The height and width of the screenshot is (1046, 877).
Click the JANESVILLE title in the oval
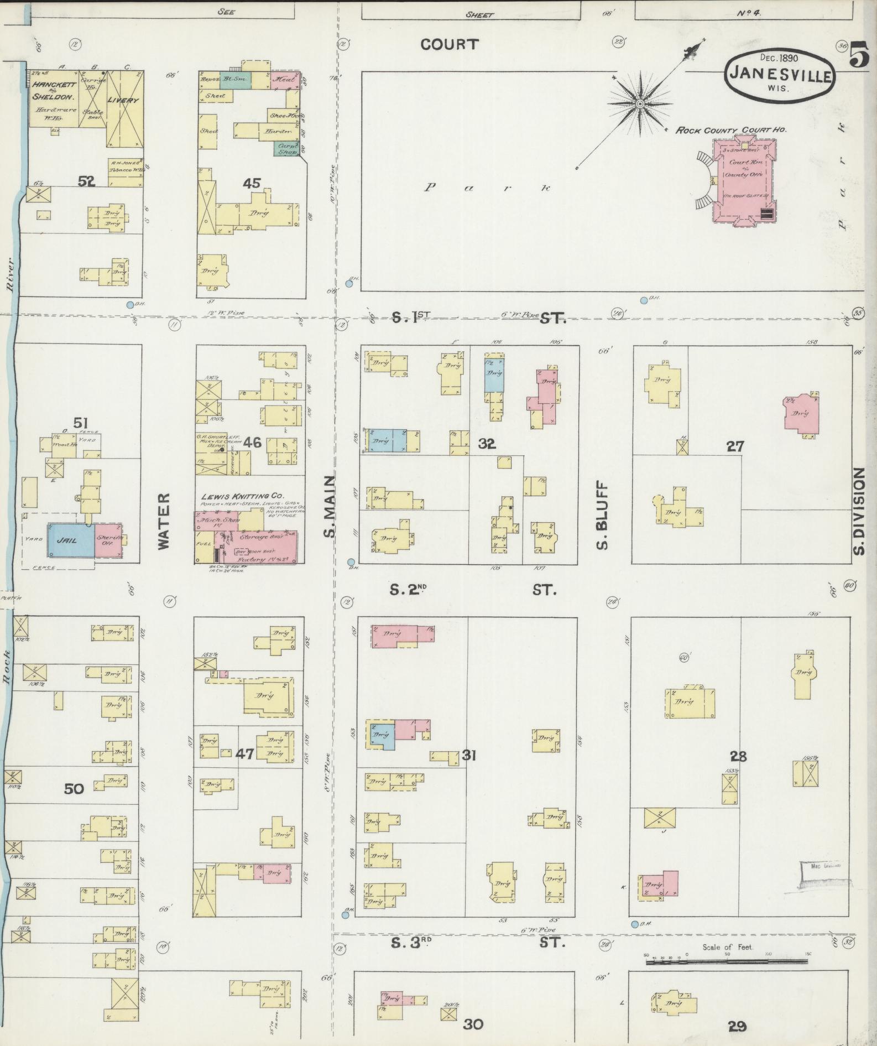(780, 74)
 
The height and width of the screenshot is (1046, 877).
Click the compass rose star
(640, 103)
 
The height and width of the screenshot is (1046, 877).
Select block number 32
(487, 443)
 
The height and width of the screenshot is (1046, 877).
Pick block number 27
(735, 446)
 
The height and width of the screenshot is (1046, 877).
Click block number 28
(738, 756)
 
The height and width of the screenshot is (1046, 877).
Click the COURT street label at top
(449, 44)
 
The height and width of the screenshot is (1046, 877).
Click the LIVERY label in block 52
(123, 100)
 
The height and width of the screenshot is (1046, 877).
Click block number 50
(74, 789)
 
